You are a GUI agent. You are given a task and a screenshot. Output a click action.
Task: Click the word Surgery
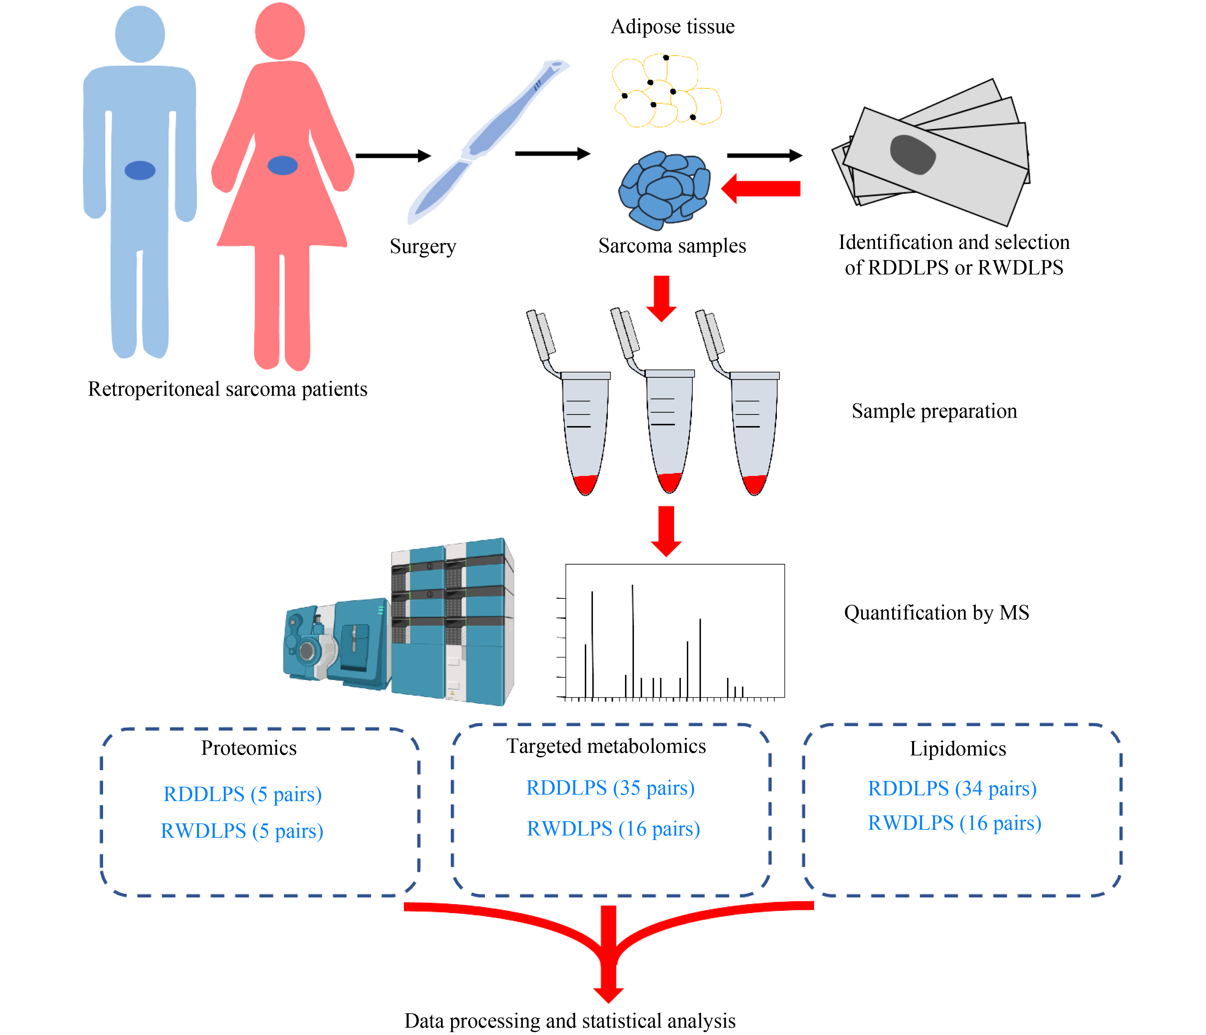[422, 246]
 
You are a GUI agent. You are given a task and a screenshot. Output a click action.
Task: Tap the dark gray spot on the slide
[912, 154]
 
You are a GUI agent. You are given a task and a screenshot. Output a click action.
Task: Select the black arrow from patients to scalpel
[393, 155]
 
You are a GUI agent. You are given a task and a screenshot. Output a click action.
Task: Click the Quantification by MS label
[936, 612]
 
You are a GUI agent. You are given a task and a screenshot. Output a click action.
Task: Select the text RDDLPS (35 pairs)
[610, 788]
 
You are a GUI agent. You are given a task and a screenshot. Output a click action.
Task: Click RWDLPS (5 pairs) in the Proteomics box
[242, 831]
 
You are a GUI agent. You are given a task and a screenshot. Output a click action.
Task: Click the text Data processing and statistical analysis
[570, 1020]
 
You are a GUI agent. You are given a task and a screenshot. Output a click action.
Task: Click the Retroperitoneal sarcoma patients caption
[227, 389]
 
